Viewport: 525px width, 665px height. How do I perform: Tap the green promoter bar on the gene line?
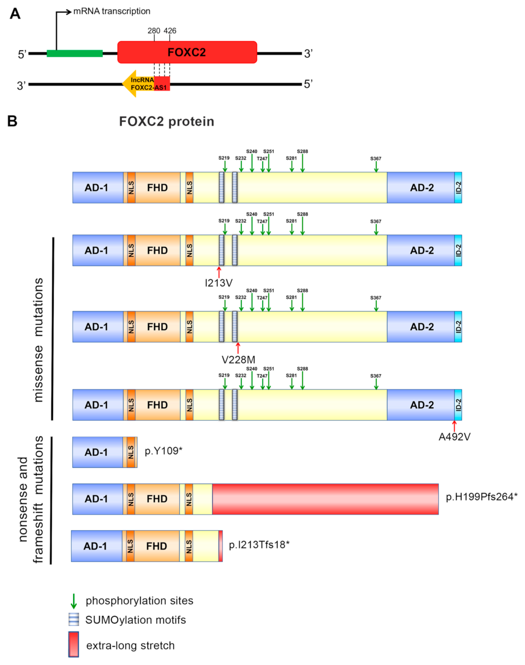coord(74,53)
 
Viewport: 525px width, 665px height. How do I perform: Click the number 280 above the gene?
coord(154,31)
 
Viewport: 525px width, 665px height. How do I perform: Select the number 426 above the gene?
coord(170,31)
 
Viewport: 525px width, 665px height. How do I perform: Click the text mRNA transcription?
coord(112,11)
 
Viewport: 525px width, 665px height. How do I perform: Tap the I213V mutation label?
coord(218,283)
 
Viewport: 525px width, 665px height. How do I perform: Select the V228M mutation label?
coord(238,360)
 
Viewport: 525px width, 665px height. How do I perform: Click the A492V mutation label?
coord(454,437)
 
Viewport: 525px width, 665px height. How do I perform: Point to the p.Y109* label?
coord(163,451)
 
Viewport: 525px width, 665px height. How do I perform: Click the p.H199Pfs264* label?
coord(481,497)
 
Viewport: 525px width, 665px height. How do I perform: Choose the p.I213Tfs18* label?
coord(259,545)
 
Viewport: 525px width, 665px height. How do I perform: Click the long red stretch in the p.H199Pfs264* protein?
coord(325,499)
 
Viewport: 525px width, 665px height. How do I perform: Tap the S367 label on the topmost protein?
coord(375,159)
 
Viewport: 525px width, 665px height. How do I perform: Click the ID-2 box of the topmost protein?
coord(458,188)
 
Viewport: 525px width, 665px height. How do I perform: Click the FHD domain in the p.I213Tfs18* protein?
coord(156,546)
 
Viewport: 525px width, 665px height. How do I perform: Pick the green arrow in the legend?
coord(74,601)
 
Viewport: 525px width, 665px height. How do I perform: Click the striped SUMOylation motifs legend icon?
coord(74,619)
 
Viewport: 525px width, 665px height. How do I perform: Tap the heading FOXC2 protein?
coord(166,122)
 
